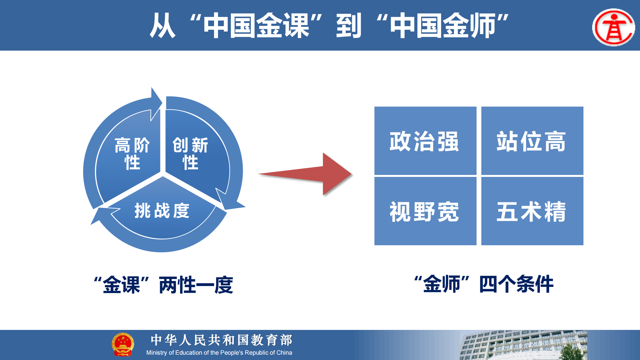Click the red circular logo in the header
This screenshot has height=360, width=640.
pos(614,27)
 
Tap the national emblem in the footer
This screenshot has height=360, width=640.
pos(123,344)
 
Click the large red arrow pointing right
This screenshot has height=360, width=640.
pos(305,174)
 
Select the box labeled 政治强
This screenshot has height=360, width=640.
pos(425,141)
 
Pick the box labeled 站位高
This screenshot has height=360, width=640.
pos(532,141)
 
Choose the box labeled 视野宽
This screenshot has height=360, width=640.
pos(425,211)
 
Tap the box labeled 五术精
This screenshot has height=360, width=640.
pos(532,211)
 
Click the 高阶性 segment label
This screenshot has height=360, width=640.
pos(132,154)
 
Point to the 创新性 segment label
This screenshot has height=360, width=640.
pos(190,154)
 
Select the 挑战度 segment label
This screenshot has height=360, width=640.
pos(162,210)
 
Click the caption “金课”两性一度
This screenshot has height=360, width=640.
pos(163,285)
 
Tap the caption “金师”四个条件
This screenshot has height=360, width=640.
pos(484,284)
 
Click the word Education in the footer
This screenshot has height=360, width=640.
pos(189,353)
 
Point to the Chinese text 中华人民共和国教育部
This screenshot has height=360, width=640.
pos(222,340)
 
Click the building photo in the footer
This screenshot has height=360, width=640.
pos(523,345)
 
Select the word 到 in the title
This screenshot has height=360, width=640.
pos(349,26)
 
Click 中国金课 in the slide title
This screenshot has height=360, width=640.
pos(256,26)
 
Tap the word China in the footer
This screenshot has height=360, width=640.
pos(284,353)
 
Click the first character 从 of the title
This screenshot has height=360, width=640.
pos(163,26)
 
